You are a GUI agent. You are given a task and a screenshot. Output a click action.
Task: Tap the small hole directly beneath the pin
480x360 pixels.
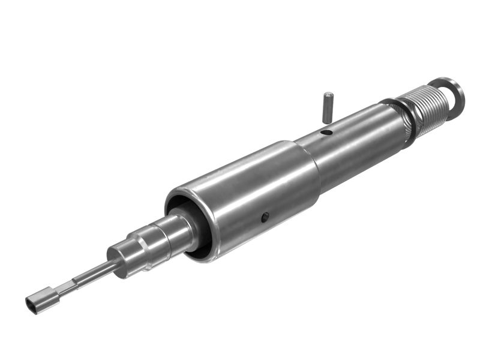pyautogui.click(x=326, y=132)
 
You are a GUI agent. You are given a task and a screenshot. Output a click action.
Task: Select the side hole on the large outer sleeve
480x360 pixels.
pyautogui.click(x=264, y=218)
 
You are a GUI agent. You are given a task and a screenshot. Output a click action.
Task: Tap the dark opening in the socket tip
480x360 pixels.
pyautogui.click(x=32, y=305)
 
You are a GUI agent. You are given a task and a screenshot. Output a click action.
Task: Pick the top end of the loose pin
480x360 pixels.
pyautogui.click(x=328, y=94)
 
